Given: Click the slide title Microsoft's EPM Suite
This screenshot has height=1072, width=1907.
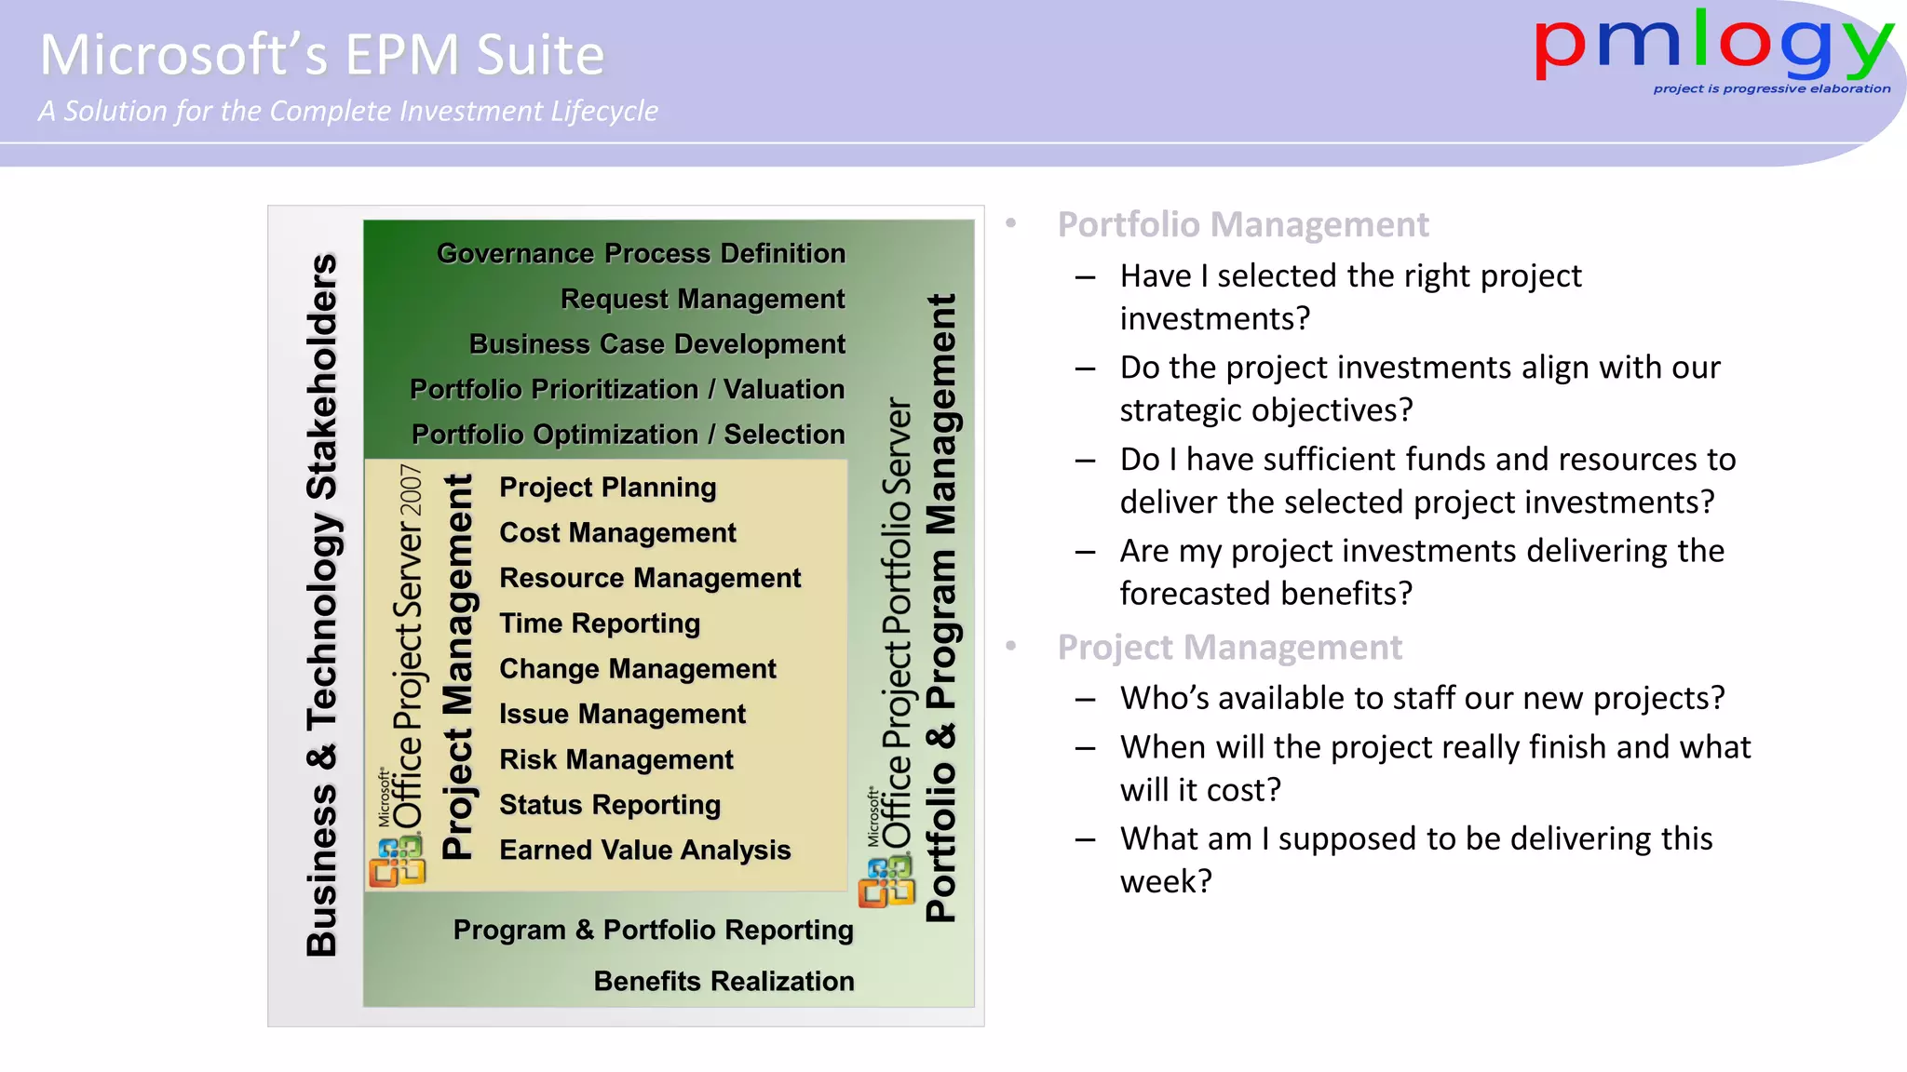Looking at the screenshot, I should point(322,55).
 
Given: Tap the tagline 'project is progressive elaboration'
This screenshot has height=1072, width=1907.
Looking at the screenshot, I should point(1771,89).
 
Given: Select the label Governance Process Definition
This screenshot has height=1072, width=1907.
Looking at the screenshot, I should point(641,253).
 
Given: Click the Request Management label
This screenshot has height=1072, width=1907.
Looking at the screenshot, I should point(702,299).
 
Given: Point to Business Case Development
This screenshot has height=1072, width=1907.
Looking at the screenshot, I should point(656,344).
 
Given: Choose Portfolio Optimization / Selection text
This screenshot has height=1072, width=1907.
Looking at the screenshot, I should point(628,435).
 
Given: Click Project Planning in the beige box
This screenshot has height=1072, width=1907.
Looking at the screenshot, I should point(607,488).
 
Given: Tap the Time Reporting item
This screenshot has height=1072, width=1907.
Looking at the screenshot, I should point(600,623).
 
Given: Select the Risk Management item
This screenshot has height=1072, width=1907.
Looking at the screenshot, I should point(616,759).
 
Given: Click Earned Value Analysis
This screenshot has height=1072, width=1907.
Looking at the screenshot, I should point(644,850).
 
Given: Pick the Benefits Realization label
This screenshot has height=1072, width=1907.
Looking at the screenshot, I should point(724,981).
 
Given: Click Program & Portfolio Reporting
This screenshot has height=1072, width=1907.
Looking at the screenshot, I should point(653,930).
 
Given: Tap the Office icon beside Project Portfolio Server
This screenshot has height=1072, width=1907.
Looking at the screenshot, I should point(886,882).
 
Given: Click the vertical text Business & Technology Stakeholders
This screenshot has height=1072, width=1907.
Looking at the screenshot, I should point(322,605).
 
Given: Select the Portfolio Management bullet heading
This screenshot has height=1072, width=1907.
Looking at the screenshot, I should point(1242,224).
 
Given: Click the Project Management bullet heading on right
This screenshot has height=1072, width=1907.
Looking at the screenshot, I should point(1229,647).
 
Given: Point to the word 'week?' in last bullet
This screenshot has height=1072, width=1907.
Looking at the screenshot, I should point(1166,881).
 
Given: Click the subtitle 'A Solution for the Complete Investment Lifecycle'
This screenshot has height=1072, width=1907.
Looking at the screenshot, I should point(347,112).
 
